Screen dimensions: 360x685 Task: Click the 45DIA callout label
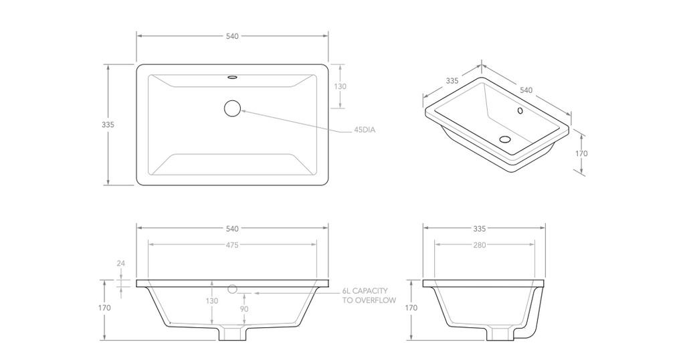pos(365,130)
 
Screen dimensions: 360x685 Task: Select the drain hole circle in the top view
pos(232,108)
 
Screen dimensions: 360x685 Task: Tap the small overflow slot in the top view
pos(232,77)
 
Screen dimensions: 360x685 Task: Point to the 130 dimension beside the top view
pos(340,86)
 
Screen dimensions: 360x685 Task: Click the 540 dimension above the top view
pos(232,36)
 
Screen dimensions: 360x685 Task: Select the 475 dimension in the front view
pos(232,245)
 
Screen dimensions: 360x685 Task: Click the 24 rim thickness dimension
pos(120,264)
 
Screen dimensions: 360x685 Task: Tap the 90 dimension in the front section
pos(245,310)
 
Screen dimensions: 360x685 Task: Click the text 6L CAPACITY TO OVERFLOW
pos(369,296)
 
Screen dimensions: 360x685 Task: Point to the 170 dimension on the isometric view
pos(581,153)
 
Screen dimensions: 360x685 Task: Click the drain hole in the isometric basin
pos(505,140)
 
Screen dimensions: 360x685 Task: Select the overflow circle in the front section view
pos(232,290)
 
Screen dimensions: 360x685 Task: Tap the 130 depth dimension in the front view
pos(211,301)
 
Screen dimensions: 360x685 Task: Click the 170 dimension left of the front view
pos(104,308)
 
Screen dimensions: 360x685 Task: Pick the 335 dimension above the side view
pos(479,228)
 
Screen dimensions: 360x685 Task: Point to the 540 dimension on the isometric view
pos(526,90)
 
